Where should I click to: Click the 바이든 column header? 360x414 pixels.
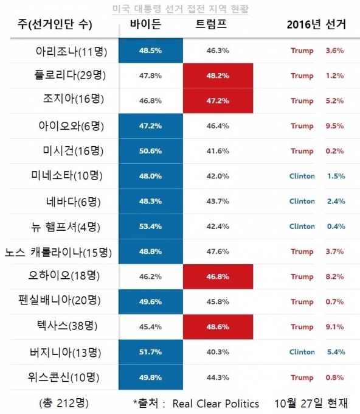point(145,24)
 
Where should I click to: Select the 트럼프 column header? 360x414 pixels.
point(211,24)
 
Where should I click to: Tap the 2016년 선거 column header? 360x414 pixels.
point(316,24)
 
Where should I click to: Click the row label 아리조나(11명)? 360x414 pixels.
point(72,51)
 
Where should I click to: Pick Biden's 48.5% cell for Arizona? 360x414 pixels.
point(151,51)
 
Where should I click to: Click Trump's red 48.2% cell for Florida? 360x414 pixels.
point(218,75)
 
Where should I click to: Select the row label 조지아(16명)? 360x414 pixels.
point(74,99)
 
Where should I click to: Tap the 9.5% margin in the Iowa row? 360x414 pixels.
point(334,126)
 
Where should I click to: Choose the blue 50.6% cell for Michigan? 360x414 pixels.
point(151,151)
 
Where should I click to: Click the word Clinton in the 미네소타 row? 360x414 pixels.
point(302,176)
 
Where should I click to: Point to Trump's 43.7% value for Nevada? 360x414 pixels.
point(218,201)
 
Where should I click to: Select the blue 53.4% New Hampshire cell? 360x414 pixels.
point(151,226)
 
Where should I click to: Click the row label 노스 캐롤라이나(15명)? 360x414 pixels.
point(58,253)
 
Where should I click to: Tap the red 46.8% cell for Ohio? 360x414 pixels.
point(218,276)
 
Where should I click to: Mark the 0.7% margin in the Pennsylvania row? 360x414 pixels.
point(334,301)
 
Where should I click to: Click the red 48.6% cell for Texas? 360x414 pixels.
point(218,326)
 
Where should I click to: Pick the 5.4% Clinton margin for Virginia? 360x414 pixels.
point(336,352)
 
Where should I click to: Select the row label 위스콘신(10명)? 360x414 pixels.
point(64,377)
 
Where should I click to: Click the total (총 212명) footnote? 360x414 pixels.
point(64,403)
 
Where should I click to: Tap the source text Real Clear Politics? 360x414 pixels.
point(216,404)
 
